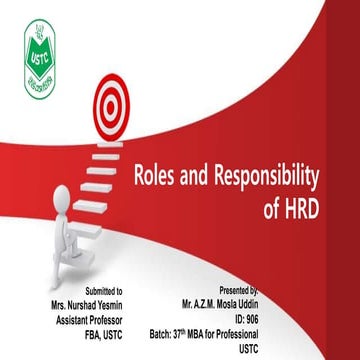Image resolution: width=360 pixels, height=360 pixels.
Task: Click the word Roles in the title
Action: coord(158,179)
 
